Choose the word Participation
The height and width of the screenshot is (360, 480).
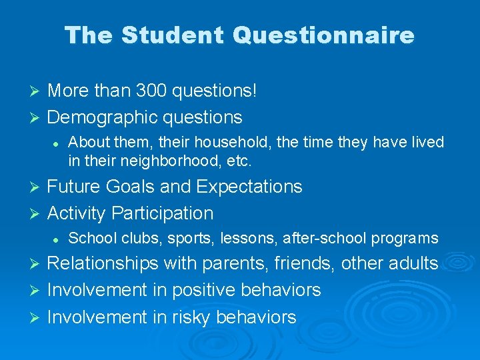tap(163, 213)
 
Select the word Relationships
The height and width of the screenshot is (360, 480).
tap(103, 263)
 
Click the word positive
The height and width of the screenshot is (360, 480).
tap(203, 290)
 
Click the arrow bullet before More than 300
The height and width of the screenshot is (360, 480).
tap(37, 91)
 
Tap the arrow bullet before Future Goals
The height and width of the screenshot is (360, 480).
tap(37, 187)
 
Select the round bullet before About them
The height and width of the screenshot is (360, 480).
tap(58, 143)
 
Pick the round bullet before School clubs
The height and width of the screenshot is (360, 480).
tap(58, 239)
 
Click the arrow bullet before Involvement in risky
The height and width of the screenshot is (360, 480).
tap(37, 317)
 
